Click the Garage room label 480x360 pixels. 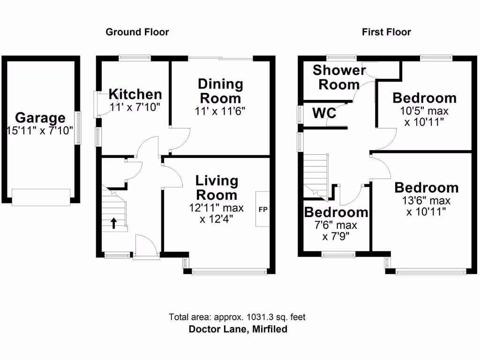[x=40, y=118]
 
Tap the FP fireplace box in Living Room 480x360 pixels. [x=262, y=209]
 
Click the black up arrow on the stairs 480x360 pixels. [x=113, y=222]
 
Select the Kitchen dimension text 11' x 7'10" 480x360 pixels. [x=135, y=107]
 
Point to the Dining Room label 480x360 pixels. [x=220, y=91]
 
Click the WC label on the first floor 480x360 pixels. [x=324, y=113]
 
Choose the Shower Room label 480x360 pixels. [x=339, y=77]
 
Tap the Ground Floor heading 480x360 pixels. [x=137, y=32]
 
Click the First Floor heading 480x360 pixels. [x=386, y=32]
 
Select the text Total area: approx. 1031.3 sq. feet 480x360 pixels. [x=237, y=317]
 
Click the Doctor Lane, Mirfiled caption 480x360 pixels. [x=238, y=329]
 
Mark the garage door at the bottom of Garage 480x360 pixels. [x=41, y=197]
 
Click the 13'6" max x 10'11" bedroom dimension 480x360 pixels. [x=426, y=206]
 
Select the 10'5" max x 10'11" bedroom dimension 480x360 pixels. [x=424, y=117]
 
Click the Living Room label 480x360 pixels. [x=217, y=187]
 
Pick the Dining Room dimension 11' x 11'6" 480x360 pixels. [x=220, y=111]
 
